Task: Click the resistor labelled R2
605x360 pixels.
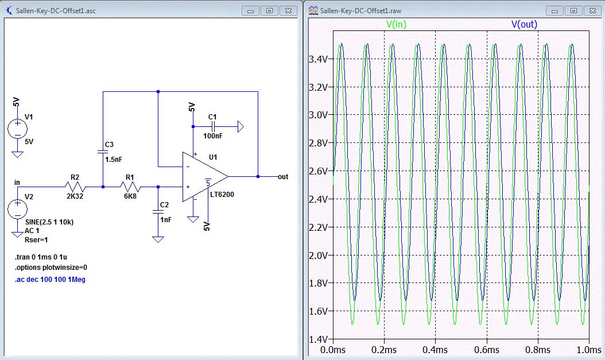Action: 75,187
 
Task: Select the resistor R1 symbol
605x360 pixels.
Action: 130,187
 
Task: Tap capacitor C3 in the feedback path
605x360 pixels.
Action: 103,152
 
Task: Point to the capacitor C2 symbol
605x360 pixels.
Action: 158,212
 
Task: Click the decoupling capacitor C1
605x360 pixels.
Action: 212,126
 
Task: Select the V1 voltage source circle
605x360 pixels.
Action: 17,129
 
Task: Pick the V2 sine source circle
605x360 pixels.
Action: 17,209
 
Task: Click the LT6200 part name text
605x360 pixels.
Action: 222,195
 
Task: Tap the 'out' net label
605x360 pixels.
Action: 283,177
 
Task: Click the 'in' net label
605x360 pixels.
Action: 17,183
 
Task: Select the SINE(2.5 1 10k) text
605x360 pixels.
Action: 49,222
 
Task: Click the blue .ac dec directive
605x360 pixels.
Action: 50,280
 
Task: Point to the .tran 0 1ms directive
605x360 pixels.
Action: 41,257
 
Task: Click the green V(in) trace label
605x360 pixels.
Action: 396,24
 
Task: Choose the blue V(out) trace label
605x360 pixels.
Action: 524,24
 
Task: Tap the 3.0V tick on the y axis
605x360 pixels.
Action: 319,115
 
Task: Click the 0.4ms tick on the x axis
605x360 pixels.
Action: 435,350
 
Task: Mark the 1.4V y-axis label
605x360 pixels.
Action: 319,339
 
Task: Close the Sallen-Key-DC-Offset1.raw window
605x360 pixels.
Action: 592,11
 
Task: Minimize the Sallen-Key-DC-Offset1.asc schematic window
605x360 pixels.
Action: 250,11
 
